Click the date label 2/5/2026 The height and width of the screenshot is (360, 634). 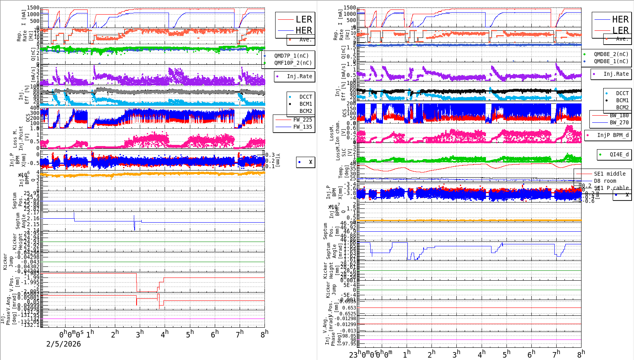pos(64,344)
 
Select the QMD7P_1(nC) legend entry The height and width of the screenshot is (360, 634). pos(291,56)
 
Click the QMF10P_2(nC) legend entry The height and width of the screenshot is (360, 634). pos(293,63)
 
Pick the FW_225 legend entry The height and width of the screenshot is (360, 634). pos(302,120)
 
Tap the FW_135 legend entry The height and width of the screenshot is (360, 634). pos(302,127)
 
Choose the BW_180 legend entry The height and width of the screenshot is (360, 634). pos(619,115)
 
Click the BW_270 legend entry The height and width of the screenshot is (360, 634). pos(619,122)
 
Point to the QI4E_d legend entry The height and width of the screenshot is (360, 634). pos(619,154)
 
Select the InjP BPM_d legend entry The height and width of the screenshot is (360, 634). pos(613,135)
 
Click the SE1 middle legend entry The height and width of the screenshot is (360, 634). pos(610,174)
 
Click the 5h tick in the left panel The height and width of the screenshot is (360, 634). pos(190,334)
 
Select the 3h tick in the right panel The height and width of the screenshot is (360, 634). pos(456,354)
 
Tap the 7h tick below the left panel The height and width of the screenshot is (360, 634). pos(240,334)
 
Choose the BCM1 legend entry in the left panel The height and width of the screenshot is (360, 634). pos(306,104)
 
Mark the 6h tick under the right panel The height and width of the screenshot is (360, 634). pos(531,354)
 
